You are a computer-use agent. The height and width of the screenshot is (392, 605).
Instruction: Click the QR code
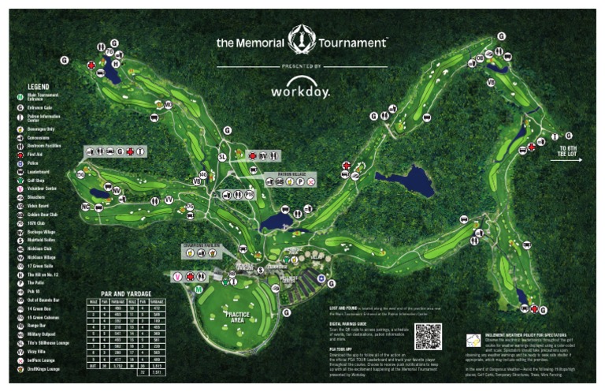point(428,337)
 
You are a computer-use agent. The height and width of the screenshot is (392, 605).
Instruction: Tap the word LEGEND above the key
point(39,86)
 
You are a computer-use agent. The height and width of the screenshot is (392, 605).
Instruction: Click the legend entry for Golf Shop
point(39,181)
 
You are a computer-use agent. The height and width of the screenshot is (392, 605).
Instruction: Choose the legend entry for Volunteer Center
point(45,189)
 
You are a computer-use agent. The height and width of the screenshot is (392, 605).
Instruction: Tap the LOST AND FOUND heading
point(345,308)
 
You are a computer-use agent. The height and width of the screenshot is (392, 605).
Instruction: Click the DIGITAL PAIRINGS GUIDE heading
point(354,323)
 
